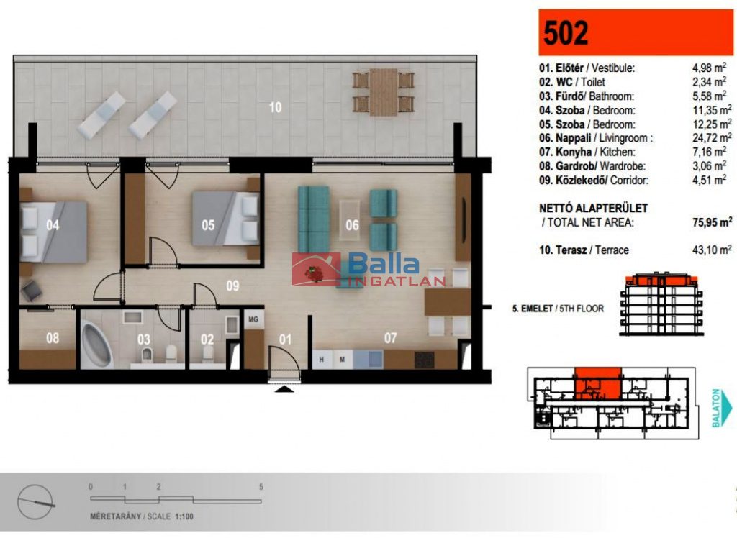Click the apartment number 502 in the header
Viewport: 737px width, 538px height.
pos(566,33)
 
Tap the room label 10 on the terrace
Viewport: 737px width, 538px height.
pos(276,107)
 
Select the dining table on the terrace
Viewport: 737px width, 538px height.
pos(383,92)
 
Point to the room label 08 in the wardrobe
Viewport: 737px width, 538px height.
pos(53,337)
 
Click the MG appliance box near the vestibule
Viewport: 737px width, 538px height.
pos(253,319)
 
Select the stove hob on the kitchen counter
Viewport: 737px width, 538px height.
pos(425,360)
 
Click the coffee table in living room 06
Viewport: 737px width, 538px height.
pos(350,214)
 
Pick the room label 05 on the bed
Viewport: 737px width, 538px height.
pos(208,225)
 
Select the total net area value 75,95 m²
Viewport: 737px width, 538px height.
pos(712,222)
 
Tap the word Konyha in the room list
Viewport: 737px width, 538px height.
pos(574,152)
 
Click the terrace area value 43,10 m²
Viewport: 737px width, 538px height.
pos(712,250)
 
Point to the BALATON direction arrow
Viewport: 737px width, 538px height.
pos(721,408)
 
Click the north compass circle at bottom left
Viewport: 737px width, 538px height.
pos(35,502)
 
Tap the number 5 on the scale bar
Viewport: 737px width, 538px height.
pos(261,487)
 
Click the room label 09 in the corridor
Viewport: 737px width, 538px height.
pos(232,286)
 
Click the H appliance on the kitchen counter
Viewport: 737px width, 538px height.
pos(322,360)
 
